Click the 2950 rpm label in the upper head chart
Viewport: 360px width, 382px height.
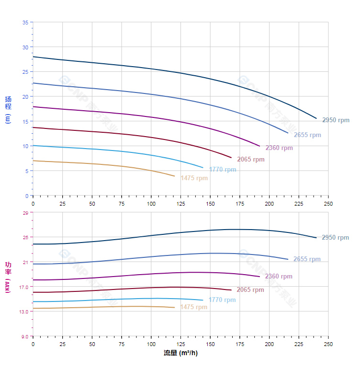coord(336,120)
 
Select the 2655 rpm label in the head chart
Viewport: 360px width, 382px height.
coord(307,135)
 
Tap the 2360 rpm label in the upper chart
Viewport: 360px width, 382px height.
coord(279,148)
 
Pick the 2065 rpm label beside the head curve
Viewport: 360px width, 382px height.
coord(251,160)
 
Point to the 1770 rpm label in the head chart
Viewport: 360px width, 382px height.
coord(223,170)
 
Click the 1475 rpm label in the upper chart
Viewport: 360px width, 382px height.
coord(194,178)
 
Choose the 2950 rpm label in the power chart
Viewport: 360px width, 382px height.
coord(335,238)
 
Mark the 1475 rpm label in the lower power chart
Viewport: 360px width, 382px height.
coord(194,307)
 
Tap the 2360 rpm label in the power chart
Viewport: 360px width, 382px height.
coord(279,277)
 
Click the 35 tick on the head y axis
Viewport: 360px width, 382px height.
coord(25,23)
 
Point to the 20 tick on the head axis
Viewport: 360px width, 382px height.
coord(25,97)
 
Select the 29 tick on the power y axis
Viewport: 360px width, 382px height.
coord(25,212)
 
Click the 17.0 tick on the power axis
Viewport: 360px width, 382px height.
coord(24,287)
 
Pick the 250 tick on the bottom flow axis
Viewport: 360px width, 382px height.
coord(328,345)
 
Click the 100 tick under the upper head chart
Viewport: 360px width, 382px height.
coord(151,204)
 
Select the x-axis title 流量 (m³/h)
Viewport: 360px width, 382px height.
coord(180,353)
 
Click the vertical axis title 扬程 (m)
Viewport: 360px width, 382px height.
coord(8,109)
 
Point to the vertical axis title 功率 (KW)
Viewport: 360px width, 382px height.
coord(8,277)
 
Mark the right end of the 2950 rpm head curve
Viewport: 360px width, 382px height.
coord(316,118)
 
